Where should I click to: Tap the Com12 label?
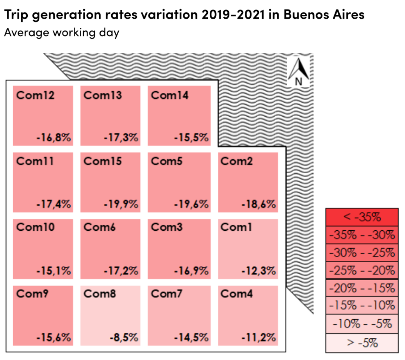[35, 95]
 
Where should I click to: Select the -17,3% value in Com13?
[121, 138]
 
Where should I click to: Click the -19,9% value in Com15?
[121, 204]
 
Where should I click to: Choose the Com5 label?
[167, 161]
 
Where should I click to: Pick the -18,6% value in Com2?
[258, 204]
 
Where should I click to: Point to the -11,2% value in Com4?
[258, 337]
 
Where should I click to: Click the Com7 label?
[167, 294]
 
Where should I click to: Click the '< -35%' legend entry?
[362, 217]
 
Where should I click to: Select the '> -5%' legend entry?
[362, 343]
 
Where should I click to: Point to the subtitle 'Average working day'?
[62, 32]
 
